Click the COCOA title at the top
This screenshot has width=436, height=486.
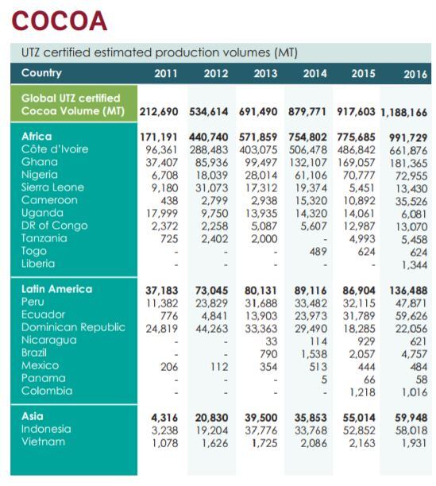[x=60, y=20]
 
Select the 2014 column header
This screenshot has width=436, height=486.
[x=314, y=74]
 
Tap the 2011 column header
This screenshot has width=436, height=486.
[x=165, y=74]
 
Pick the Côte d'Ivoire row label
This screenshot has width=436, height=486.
[x=55, y=149]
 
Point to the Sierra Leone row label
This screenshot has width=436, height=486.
[x=54, y=187]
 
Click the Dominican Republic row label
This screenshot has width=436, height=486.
[x=73, y=327]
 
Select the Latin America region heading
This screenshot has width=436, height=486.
[x=56, y=289]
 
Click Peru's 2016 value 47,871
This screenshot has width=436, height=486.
[x=411, y=303]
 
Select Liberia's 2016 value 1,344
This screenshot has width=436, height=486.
[x=414, y=264]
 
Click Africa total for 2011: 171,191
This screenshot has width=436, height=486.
[x=159, y=137]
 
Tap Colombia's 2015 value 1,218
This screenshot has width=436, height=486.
[x=363, y=391]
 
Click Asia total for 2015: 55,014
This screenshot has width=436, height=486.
[x=360, y=416]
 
